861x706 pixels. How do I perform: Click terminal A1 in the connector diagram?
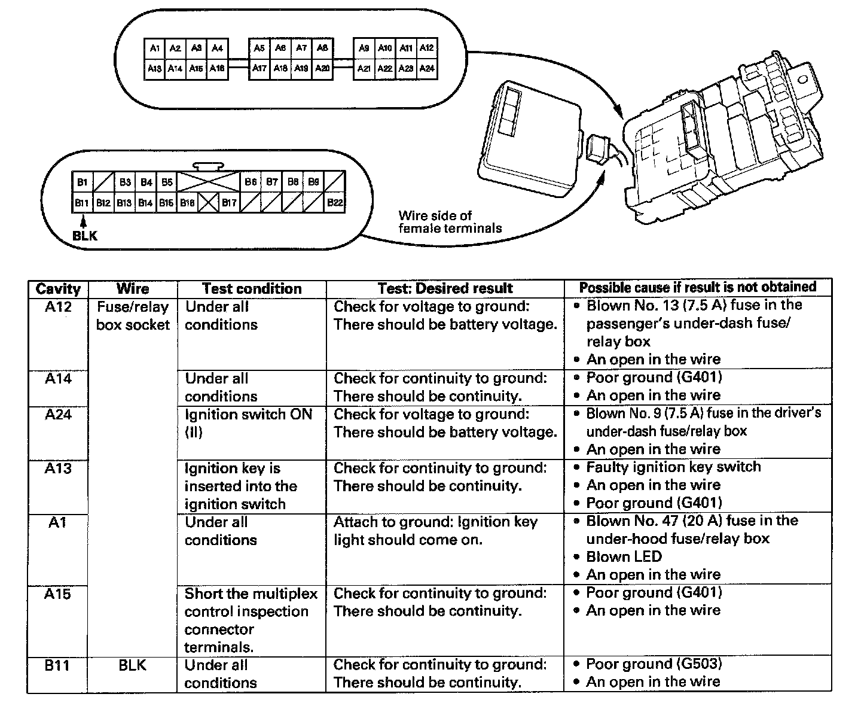pyautogui.click(x=154, y=48)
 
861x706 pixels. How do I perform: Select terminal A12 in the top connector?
pyautogui.click(x=426, y=48)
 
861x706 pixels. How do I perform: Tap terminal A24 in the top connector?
pyautogui.click(x=426, y=68)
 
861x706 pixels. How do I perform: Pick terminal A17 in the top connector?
pyautogui.click(x=259, y=68)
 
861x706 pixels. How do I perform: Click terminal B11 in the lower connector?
pyautogui.click(x=82, y=203)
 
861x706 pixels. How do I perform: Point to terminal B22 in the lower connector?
pyautogui.click(x=335, y=203)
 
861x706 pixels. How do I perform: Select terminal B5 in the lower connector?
pyautogui.click(x=167, y=182)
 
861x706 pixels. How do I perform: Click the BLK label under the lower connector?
pyautogui.click(x=84, y=236)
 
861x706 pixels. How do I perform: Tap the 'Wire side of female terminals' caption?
pyautogui.click(x=450, y=221)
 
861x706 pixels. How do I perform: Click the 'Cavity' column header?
pyautogui.click(x=58, y=289)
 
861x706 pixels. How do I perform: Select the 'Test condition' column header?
pyautogui.click(x=252, y=289)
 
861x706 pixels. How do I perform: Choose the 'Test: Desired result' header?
pyautogui.click(x=445, y=289)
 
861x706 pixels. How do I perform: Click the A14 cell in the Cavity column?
pyautogui.click(x=58, y=378)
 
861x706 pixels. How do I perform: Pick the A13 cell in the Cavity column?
pyautogui.click(x=58, y=468)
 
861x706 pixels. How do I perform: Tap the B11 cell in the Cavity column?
pyautogui.click(x=58, y=665)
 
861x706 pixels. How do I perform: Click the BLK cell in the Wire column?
pyautogui.click(x=133, y=665)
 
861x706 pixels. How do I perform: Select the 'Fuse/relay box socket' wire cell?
pyautogui.click(x=133, y=315)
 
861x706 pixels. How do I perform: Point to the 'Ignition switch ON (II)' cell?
pyautogui.click(x=248, y=422)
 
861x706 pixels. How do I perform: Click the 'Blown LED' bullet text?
pyautogui.click(x=624, y=556)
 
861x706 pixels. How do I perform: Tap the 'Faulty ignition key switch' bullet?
pyautogui.click(x=673, y=467)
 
